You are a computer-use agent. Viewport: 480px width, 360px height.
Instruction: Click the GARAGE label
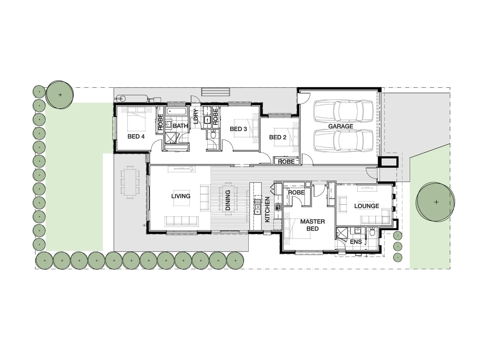pos(340,126)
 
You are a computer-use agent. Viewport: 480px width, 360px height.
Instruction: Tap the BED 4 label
pos(136,136)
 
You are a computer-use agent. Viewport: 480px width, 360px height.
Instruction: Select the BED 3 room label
pos(238,129)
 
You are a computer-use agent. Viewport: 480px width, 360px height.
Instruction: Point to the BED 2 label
pos(277,137)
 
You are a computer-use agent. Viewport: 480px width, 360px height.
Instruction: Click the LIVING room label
pos(181,196)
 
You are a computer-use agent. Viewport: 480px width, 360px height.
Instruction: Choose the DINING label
pos(228,200)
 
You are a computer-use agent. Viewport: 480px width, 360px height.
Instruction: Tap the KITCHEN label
pos(267,209)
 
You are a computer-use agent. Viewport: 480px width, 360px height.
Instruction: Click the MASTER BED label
pos(312,225)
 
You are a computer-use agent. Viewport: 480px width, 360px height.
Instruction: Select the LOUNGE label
pos(366,206)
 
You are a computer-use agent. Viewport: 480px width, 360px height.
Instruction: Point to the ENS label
pos(356,242)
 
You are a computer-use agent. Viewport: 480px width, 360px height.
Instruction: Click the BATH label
pos(180,126)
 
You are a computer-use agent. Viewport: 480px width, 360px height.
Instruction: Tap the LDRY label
pos(196,116)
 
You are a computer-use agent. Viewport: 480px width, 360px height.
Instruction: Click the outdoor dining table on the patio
pos(130,182)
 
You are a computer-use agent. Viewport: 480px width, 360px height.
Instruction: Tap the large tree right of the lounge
pos(436,202)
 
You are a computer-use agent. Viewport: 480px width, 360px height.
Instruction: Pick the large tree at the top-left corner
pos(60,95)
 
